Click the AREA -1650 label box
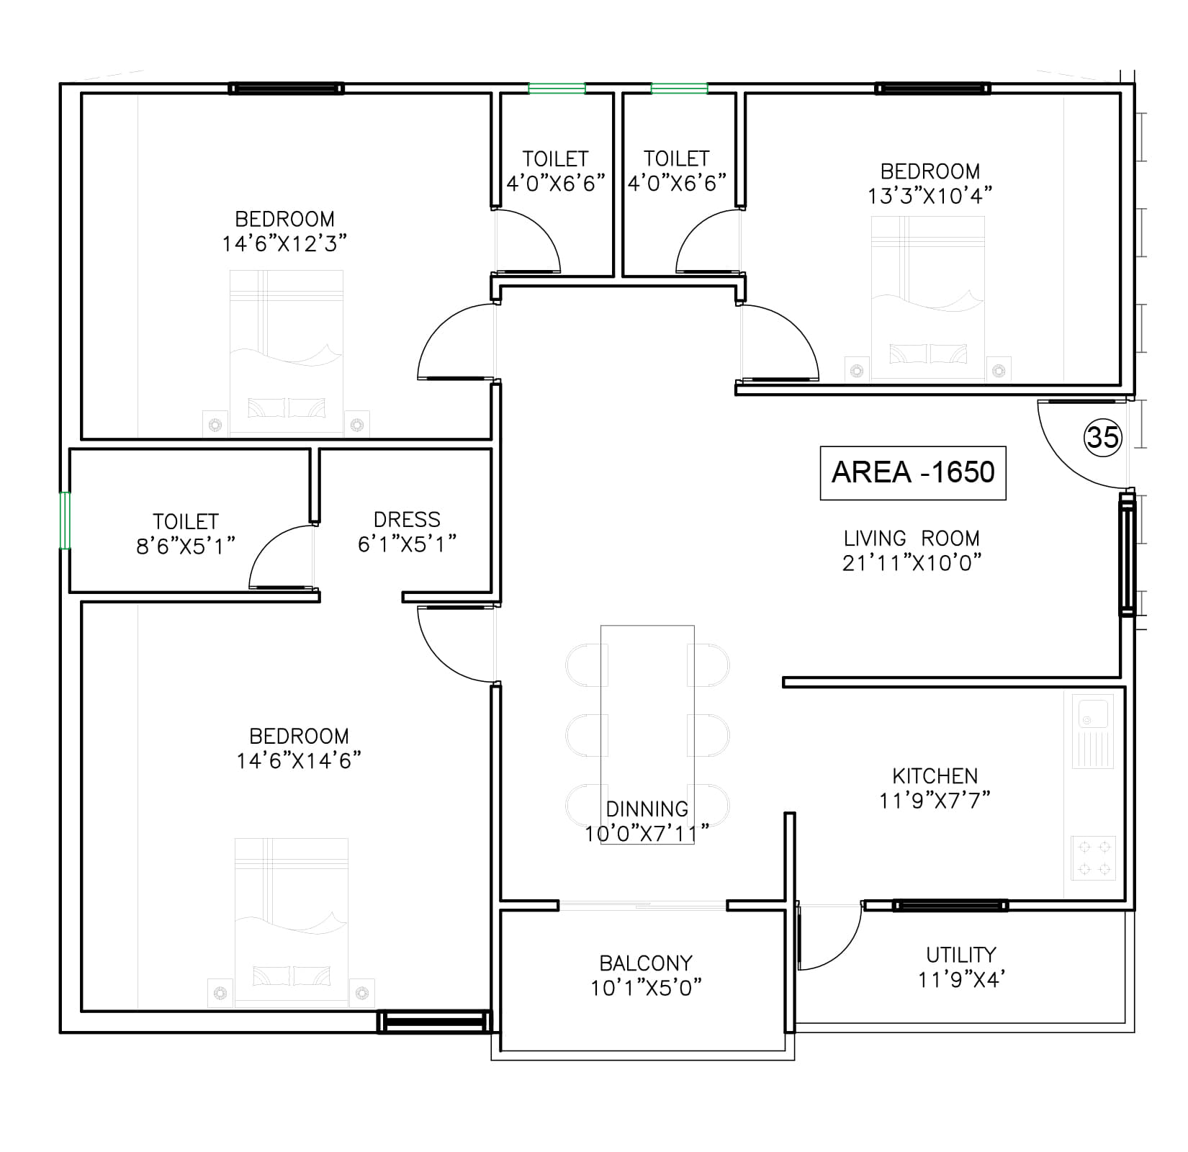[x=912, y=472]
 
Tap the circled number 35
[x=1102, y=437]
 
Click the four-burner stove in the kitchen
[x=1093, y=858]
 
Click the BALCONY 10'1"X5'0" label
[x=646, y=976]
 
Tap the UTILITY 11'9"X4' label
[x=960, y=967]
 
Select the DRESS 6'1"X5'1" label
[x=407, y=531]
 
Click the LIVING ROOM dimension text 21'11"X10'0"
[x=912, y=562]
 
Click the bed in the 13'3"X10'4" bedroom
[x=927, y=298]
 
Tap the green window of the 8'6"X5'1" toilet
[x=65, y=520]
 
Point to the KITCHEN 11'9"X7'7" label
[x=935, y=788]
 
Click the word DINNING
[x=647, y=809]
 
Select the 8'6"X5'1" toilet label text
[x=186, y=534]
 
